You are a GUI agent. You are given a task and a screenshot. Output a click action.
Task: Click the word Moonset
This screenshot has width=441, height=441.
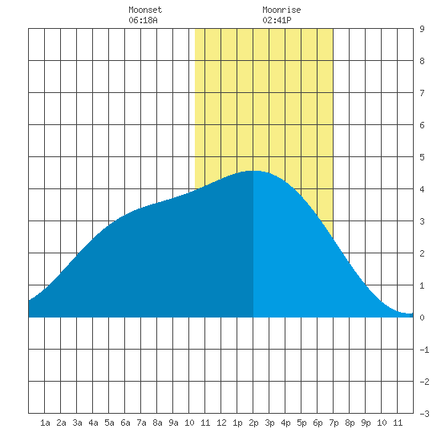point(145,10)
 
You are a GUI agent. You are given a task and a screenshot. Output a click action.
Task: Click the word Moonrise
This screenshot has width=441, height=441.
point(281,10)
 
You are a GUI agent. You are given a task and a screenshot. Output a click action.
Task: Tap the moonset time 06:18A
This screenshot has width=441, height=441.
point(143,20)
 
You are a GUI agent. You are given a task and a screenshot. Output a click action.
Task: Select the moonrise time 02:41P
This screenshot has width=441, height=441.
point(277,20)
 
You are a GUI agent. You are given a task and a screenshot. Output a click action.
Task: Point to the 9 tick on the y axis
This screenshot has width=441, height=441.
point(422,29)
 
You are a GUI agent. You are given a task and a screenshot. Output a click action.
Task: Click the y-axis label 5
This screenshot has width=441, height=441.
point(422,157)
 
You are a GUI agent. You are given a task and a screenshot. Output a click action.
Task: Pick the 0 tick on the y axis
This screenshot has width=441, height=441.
point(422,318)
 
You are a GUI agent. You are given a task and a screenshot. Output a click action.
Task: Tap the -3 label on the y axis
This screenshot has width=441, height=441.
point(424,414)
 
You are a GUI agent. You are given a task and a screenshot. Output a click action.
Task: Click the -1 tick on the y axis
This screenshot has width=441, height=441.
point(424,350)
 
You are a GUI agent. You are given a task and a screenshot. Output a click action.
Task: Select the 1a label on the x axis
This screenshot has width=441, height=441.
point(45,423)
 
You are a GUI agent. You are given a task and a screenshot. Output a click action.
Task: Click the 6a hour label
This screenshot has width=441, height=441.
point(125,423)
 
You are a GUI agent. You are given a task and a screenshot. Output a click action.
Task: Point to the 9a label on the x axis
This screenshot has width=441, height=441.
point(173,423)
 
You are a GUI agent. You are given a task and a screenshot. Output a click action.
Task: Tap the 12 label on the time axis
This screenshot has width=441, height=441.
point(221,423)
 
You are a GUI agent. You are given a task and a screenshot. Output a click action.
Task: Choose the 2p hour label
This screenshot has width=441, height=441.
point(253,423)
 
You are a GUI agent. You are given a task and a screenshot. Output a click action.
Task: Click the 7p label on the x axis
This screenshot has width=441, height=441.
point(334,423)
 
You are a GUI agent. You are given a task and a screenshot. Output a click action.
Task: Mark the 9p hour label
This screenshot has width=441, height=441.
point(366,423)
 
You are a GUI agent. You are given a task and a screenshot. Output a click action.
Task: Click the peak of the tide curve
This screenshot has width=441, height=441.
point(253,171)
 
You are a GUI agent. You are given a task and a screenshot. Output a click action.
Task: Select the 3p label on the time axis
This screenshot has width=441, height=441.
point(269,423)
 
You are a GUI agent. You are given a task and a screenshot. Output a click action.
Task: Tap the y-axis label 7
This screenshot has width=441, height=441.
point(422,93)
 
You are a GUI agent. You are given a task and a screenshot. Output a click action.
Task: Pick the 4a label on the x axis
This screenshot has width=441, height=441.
point(93,423)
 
